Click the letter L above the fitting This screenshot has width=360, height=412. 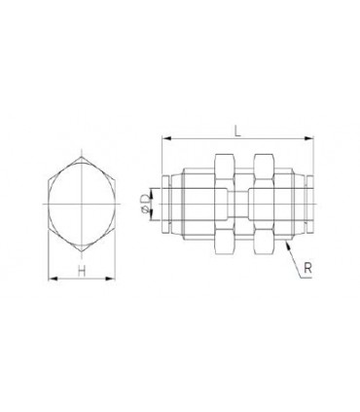pyautogui.click(x=237, y=131)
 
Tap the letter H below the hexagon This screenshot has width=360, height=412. pyautogui.click(x=82, y=271)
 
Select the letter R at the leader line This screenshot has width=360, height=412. pyautogui.click(x=307, y=268)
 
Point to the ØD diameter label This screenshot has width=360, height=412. pyautogui.click(x=147, y=205)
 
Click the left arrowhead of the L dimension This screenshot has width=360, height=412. pyautogui.click(x=166, y=138)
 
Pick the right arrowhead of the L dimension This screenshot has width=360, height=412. pyautogui.click(x=309, y=138)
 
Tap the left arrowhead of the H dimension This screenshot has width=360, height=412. pyautogui.click(x=53, y=279)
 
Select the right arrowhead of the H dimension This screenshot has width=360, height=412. pyautogui.click(x=111, y=279)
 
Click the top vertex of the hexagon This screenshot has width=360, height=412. pyautogui.click(x=82, y=157)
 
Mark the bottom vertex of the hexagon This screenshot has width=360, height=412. pyautogui.click(x=82, y=251)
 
